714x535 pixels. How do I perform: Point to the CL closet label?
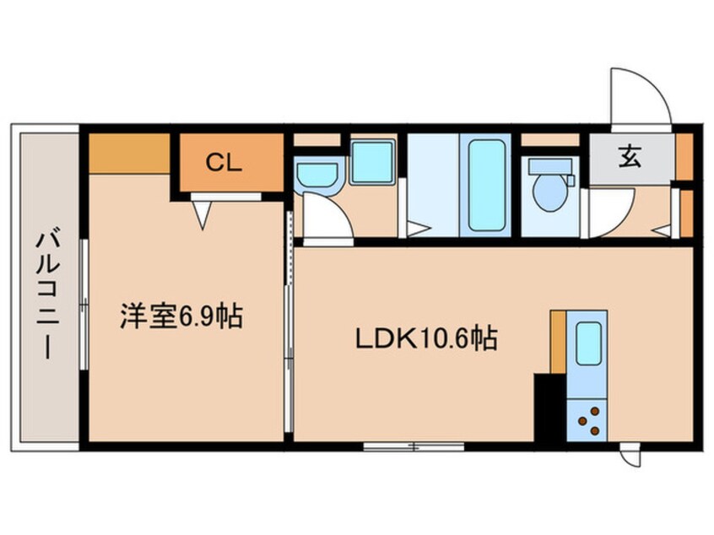click(224, 163)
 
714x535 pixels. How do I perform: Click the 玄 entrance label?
click(630, 156)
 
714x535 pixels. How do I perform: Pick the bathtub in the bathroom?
click(487, 183)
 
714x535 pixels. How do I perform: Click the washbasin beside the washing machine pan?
click(318, 175)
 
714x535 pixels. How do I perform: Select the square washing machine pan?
click(372, 162)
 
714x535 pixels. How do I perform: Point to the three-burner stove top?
click(589, 420)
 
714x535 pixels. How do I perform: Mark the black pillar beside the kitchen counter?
click(548, 408)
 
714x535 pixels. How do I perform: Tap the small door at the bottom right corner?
click(630, 456)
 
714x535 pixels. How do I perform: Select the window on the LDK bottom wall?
click(414, 446)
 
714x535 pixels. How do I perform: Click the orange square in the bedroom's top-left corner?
click(130, 153)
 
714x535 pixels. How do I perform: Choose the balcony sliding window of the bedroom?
click(84, 304)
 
